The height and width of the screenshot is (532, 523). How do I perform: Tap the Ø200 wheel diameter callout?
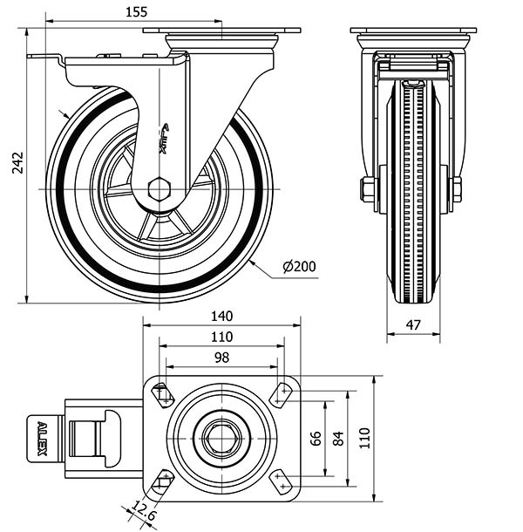pyautogui.click(x=300, y=267)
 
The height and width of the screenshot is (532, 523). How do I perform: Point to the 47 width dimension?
pyautogui.click(x=415, y=325)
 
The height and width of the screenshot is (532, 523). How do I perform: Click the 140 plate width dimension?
pyautogui.click(x=221, y=317)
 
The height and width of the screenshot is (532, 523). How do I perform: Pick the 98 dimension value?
pyautogui.click(x=221, y=358)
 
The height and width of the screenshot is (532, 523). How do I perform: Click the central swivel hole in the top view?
pyautogui.click(x=222, y=438)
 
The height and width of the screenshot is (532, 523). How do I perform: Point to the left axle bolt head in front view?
pyautogui.click(x=368, y=188)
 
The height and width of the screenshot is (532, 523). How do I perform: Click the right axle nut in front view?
pyautogui.click(x=456, y=188)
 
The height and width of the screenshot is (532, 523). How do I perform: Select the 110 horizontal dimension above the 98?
pyautogui.click(x=221, y=338)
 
